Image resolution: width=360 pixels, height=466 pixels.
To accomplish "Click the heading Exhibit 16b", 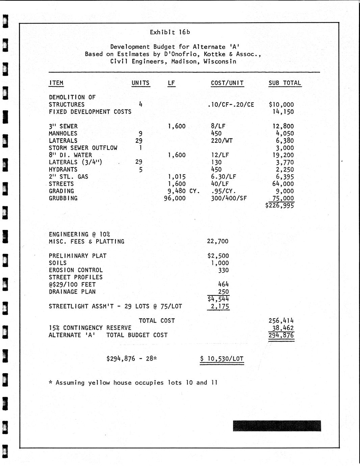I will pyautogui.click(x=170, y=32).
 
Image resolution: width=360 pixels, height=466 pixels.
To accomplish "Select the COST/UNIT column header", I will pyautogui.click(x=227, y=83).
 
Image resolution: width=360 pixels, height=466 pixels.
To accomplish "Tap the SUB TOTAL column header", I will pyautogui.click(x=285, y=83).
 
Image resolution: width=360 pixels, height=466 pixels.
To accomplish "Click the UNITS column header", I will pyautogui.click(x=140, y=83).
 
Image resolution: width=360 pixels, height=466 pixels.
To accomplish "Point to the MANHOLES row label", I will pyautogui.click(x=63, y=133).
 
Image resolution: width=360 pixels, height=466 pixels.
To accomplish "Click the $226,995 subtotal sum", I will pyautogui.click(x=280, y=205).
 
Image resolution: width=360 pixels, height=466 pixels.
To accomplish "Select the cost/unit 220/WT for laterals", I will pyautogui.click(x=222, y=140).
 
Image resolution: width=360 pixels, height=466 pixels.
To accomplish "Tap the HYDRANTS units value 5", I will pyautogui.click(x=140, y=170).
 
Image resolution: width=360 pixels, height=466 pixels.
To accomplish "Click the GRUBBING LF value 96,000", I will pyautogui.click(x=175, y=198).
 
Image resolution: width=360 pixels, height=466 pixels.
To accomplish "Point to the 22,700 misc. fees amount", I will pyautogui.click(x=217, y=241).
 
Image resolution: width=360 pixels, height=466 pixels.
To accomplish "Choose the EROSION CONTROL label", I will pyautogui.click(x=76, y=270).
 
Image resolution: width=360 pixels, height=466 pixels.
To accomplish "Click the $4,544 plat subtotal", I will pyautogui.click(x=218, y=299).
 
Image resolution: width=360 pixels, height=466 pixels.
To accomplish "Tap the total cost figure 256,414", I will pyautogui.click(x=281, y=320).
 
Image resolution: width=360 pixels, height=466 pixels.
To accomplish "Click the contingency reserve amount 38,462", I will pyautogui.click(x=283, y=328).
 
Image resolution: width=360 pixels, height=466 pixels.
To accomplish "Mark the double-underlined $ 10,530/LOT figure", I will pyautogui.click(x=222, y=359).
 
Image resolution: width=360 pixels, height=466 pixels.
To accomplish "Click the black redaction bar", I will pyautogui.click(x=277, y=426).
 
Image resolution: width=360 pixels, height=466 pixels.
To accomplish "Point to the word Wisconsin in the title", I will pyautogui.click(x=220, y=61).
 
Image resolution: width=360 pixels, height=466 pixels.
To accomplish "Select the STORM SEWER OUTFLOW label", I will pyautogui.click(x=83, y=148).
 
